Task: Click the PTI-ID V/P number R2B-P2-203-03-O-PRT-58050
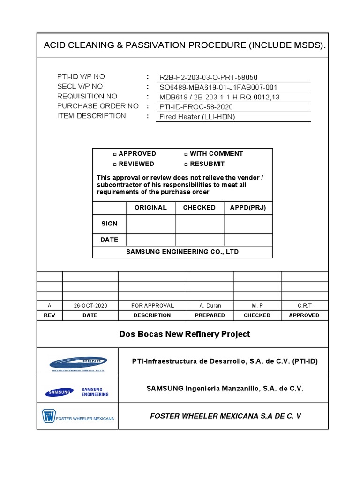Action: point(209,77)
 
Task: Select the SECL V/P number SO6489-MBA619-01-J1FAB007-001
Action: point(218,87)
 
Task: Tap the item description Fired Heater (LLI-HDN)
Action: point(197,117)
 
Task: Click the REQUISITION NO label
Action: point(87,97)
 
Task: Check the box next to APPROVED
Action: point(115,154)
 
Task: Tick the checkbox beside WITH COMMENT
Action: point(186,154)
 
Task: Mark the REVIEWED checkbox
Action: point(115,165)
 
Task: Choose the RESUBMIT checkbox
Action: point(186,165)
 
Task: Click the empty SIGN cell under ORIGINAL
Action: point(151,224)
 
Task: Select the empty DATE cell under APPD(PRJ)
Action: point(248,240)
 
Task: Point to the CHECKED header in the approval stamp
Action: point(199,208)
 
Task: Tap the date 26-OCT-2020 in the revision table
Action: point(90,306)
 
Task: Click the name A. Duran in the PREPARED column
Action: point(210,306)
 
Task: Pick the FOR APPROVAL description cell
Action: point(152,306)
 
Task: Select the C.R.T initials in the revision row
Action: point(304,306)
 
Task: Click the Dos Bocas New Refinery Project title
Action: point(185,334)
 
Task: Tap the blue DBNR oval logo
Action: point(79,363)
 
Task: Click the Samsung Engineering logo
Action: point(77,392)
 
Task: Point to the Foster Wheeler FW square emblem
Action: point(49,416)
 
